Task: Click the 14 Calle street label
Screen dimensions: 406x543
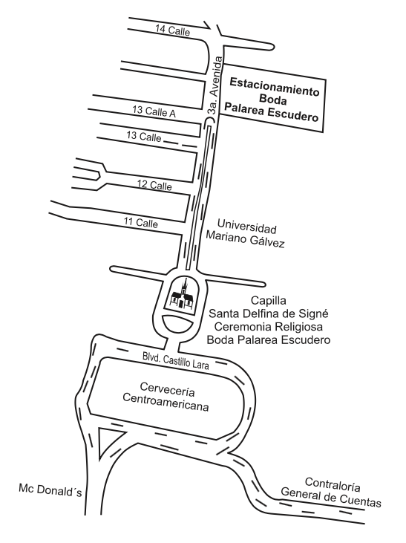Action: [172, 30]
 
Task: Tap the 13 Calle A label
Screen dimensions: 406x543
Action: [154, 111]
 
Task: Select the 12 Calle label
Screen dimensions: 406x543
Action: [154, 184]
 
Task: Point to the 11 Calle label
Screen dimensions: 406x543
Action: [141, 222]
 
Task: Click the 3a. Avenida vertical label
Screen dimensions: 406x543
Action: [215, 85]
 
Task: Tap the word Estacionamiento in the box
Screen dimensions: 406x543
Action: [274, 87]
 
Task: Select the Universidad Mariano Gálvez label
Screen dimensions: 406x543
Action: [245, 233]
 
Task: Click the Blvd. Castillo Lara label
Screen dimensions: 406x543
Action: [176, 360]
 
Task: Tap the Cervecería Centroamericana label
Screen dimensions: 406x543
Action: [166, 397]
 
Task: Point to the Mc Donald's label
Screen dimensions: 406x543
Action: [50, 490]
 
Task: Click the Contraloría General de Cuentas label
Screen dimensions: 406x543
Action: [331, 492]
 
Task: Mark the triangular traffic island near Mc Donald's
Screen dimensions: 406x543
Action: [108, 441]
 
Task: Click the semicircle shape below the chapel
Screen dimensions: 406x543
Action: [178, 324]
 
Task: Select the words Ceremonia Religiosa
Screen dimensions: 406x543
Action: [269, 327]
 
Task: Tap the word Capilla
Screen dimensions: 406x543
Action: [269, 300]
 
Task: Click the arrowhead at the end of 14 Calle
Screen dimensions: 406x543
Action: [208, 26]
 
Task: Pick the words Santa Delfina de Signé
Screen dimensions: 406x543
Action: [269, 313]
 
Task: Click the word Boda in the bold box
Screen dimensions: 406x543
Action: [273, 100]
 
